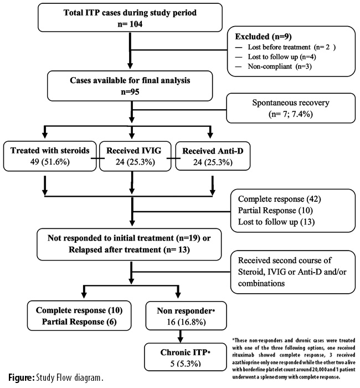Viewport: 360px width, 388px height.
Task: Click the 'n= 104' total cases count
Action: coord(130,24)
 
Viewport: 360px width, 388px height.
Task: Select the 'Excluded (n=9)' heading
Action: coord(263,37)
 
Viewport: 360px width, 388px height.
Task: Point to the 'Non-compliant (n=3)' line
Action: coord(280,67)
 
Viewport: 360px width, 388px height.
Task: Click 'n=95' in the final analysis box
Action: coord(130,92)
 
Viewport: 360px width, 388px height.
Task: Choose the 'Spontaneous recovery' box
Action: coord(291,108)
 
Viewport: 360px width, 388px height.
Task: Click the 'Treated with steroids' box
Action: coord(50,156)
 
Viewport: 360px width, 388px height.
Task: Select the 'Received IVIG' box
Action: coord(135,156)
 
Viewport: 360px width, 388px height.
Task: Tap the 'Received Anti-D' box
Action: coord(213,156)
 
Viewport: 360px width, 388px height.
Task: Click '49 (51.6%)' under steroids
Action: coord(50,162)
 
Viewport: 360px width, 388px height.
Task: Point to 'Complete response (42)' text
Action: coord(279,199)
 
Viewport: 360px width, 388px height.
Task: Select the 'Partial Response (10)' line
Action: coord(275,210)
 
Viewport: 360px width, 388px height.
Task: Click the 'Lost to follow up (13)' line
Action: coord(276,222)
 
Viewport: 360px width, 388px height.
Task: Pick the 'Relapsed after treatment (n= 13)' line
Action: coord(129,249)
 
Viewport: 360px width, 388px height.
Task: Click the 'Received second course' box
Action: coord(293,272)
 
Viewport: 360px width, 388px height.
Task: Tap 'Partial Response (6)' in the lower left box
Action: coord(79,321)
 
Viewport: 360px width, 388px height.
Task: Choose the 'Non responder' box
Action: coord(186,316)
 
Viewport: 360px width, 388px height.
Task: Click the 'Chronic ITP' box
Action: coord(186,357)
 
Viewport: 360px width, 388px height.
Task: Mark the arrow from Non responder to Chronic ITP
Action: coord(180,336)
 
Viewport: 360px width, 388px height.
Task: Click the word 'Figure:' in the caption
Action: coord(21,378)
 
